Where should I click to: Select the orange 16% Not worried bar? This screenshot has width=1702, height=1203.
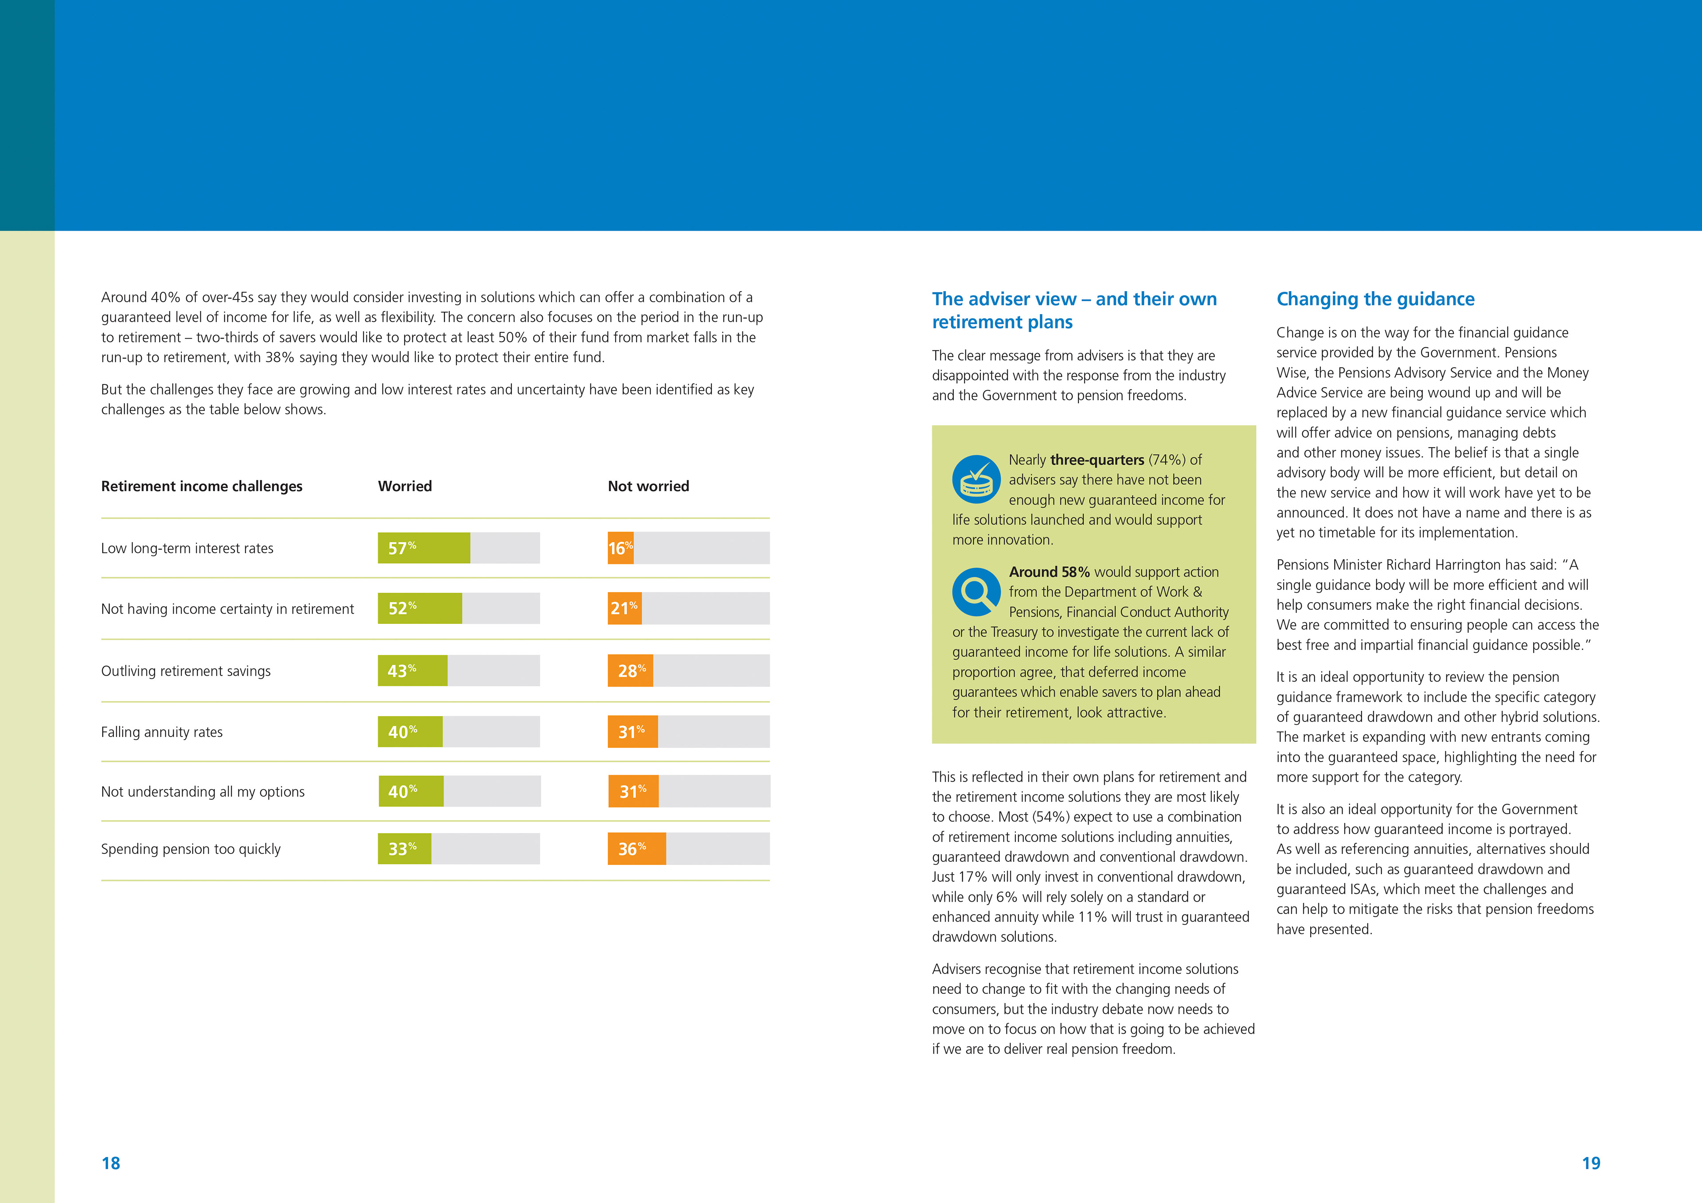pos(621,548)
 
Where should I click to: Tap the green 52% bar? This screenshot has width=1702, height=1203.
pos(420,608)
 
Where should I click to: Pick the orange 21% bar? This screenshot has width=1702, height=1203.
pos(624,608)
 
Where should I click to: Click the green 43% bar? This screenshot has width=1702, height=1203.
pos(412,670)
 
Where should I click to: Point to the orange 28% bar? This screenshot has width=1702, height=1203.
pos(630,670)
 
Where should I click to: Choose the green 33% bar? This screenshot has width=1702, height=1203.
pos(404,849)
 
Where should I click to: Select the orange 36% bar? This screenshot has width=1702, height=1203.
pos(636,849)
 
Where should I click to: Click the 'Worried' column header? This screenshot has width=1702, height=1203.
pos(405,486)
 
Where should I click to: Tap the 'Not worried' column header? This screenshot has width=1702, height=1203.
pos(648,486)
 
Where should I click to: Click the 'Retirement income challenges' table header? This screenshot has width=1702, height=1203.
pos(202,486)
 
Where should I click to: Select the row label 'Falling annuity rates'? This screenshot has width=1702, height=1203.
pos(162,732)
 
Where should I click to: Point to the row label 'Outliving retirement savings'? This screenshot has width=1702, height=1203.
pos(185,671)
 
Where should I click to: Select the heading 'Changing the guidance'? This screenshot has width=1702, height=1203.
pos(1375,299)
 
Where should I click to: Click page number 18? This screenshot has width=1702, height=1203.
pos(110,1163)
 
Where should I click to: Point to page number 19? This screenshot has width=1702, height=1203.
pos(1591,1163)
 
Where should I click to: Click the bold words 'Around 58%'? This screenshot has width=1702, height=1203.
pos(1049,572)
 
